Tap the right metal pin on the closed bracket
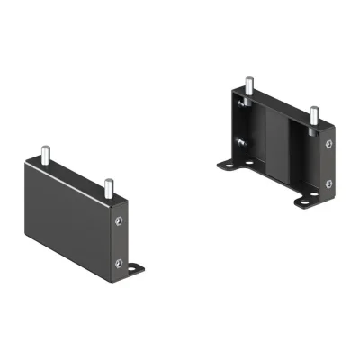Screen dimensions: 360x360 point(107,188)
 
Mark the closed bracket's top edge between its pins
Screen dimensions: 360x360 point(76,176)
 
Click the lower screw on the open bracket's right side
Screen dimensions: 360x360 point(328,184)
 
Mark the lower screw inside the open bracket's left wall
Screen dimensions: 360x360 point(240,142)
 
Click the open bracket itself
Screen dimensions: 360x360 point(279,144)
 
